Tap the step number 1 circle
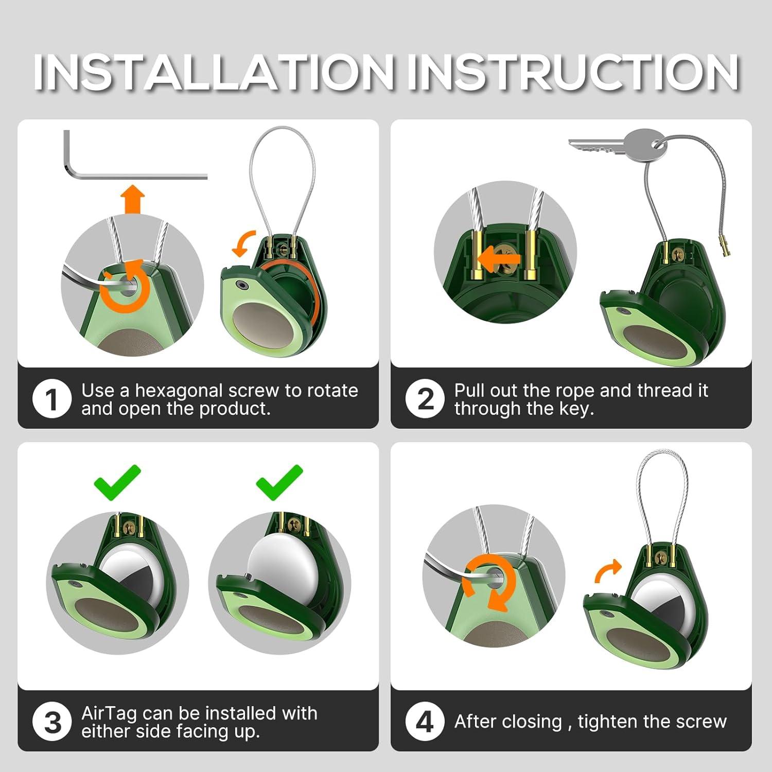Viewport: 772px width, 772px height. pos(52,399)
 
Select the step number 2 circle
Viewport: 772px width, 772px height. pos(425,399)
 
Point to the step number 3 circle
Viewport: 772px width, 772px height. pos(52,722)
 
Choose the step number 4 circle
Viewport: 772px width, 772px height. pos(425,722)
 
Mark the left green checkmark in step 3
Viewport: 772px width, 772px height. pos(117,482)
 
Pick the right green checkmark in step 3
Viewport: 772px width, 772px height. pos(279,482)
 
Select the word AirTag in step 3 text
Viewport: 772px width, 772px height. pos(109,714)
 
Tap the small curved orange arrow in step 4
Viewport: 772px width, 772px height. pos(607,571)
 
